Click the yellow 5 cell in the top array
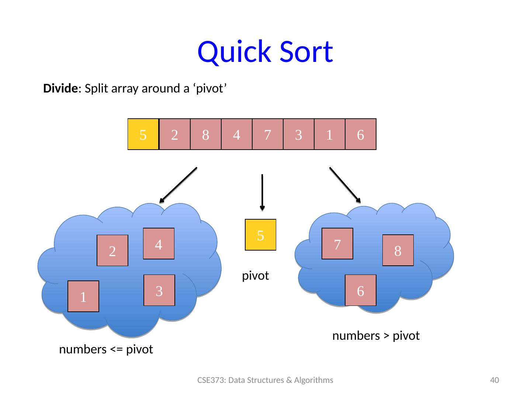point(143,135)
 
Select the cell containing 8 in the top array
point(206,135)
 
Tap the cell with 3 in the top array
point(299,135)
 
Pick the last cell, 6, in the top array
point(361,135)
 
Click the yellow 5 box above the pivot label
point(261,235)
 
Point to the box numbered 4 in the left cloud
point(159,244)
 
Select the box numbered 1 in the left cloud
point(83,296)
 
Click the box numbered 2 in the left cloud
point(112,251)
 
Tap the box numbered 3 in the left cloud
point(159,290)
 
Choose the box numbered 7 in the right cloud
point(337,244)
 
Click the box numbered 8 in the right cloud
point(398,251)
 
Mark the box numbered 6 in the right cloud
point(361,290)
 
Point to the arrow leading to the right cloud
point(344,185)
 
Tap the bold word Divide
point(60,89)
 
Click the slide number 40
point(494,380)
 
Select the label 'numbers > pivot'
point(376,336)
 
